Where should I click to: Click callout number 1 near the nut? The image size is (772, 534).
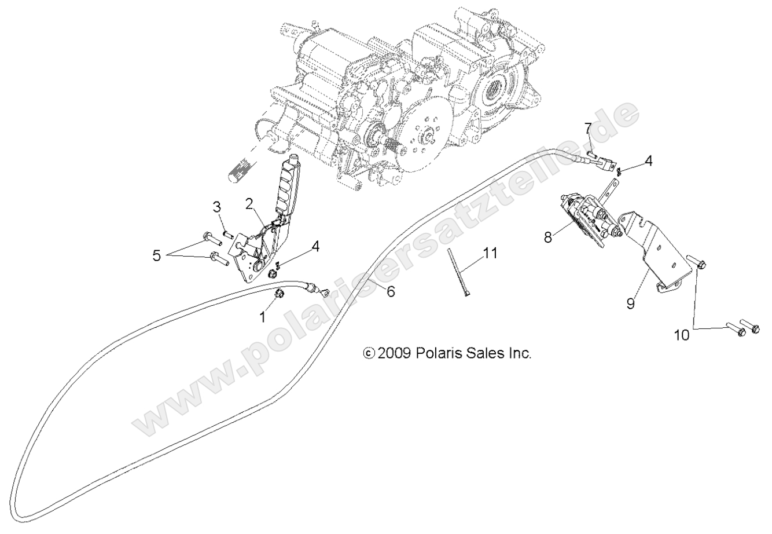click(x=264, y=316)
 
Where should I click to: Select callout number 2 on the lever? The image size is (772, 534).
click(x=249, y=203)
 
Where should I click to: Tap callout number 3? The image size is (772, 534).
click(x=216, y=206)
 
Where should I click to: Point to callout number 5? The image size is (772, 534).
click(x=157, y=255)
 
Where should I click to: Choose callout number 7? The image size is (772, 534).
click(x=587, y=127)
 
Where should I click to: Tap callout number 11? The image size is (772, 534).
click(x=490, y=253)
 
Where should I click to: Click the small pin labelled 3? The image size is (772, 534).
click(x=228, y=234)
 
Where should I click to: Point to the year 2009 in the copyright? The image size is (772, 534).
click(x=394, y=353)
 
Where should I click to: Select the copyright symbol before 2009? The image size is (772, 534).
click(x=368, y=353)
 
